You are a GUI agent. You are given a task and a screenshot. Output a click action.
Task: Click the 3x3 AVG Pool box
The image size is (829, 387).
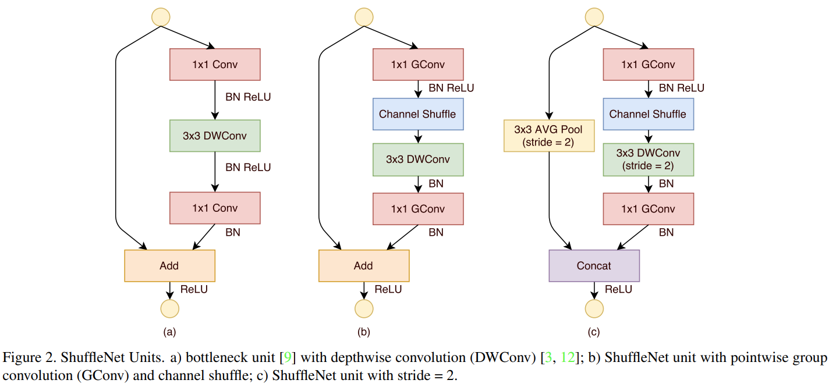pyautogui.click(x=549, y=136)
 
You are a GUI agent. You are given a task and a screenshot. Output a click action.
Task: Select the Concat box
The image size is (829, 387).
pyautogui.click(x=594, y=265)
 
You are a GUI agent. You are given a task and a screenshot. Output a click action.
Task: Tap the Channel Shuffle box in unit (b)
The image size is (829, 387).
pyautogui.click(x=418, y=114)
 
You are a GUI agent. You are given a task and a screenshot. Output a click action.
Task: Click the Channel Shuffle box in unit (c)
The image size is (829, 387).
pyautogui.click(x=648, y=114)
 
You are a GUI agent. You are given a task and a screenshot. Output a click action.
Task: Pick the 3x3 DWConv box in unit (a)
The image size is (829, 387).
pyautogui.click(x=215, y=136)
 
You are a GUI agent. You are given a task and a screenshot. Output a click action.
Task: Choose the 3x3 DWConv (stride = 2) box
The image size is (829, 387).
pyautogui.click(x=648, y=159)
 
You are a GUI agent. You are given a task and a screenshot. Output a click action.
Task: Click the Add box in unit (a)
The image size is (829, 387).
pyautogui.click(x=169, y=265)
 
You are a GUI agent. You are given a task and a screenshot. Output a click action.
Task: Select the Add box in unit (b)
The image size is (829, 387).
pyautogui.click(x=364, y=265)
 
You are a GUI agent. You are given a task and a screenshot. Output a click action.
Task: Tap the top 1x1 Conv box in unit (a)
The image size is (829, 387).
pyautogui.click(x=215, y=65)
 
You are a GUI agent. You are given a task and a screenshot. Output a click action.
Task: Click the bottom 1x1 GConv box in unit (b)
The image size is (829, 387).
pyautogui.click(x=418, y=209)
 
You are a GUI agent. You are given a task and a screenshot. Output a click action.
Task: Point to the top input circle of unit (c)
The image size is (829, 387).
pyautogui.click(x=594, y=17)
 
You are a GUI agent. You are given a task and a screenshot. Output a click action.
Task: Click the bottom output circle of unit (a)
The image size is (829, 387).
pyautogui.click(x=169, y=308)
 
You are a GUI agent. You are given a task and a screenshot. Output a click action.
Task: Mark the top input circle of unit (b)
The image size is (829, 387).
pyautogui.click(x=364, y=17)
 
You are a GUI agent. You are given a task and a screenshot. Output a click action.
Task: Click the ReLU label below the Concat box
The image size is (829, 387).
pyautogui.click(x=618, y=289)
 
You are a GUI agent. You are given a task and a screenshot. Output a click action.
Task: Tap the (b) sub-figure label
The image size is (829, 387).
pyautogui.click(x=363, y=332)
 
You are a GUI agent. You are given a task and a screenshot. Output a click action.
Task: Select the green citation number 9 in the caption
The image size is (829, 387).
pyautogui.click(x=288, y=357)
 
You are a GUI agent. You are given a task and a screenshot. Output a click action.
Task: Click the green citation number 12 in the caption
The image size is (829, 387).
pyautogui.click(x=568, y=357)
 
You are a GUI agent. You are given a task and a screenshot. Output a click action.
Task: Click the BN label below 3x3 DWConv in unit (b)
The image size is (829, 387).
pyautogui.click(x=435, y=184)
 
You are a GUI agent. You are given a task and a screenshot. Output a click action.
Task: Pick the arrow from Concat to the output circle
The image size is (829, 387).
pyautogui.click(x=594, y=290)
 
